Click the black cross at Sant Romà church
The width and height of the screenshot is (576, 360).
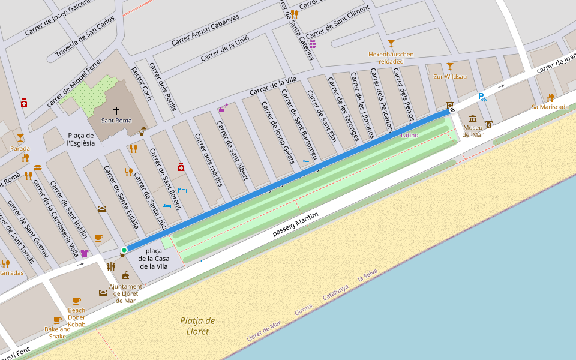point(116,111)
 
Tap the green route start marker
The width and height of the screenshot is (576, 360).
point(124,250)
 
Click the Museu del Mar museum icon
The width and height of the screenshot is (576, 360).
point(473,119)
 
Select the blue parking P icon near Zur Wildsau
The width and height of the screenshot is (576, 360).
point(482,97)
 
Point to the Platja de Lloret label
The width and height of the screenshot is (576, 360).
point(197,326)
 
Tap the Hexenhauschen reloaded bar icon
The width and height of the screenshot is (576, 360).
point(391,43)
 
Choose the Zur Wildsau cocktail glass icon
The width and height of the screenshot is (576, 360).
point(450,66)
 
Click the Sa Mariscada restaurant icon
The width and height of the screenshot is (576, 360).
point(550,97)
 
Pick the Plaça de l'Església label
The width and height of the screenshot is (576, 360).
point(82,139)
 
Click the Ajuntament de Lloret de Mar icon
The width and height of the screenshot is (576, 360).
point(125,275)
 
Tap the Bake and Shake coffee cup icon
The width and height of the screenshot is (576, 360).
point(57,320)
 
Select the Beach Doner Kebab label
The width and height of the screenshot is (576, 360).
point(76,317)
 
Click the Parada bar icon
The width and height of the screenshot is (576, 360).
point(20,138)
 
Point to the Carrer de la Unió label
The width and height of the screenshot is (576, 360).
point(224,48)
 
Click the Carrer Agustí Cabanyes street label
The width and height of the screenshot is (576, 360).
point(205,30)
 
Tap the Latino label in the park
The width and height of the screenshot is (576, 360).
point(409,136)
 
